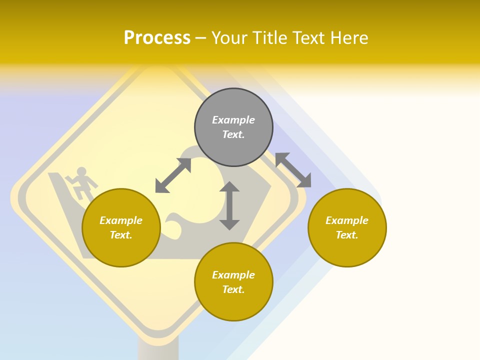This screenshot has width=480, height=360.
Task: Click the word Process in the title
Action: point(157,37)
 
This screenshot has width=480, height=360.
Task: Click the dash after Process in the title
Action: point(200,38)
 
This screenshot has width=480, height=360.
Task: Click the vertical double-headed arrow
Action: point(229,205)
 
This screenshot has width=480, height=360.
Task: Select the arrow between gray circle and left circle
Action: point(173,175)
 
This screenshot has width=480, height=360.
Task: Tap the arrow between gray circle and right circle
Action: point(293,170)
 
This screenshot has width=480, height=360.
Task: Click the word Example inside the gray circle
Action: point(233,120)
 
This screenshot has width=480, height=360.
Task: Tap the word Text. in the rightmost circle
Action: point(347,235)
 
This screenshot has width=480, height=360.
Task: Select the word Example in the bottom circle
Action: point(233,275)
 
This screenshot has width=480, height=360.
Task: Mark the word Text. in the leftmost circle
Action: point(121,235)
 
